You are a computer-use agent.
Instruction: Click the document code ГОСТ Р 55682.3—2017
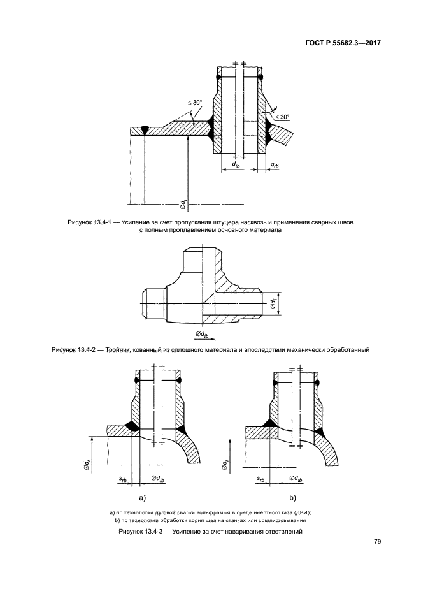coord(343,43)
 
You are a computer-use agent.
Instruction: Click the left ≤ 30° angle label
coord(195,102)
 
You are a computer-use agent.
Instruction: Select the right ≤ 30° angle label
coord(282,117)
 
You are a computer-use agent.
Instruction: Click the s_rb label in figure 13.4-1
coord(275,164)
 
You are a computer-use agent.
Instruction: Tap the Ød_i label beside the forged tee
coord(273,303)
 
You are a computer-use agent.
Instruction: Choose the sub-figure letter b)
coord(293,498)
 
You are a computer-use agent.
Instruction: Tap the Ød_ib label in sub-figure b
coord(296,479)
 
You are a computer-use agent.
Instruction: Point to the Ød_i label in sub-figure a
coord(87,463)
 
